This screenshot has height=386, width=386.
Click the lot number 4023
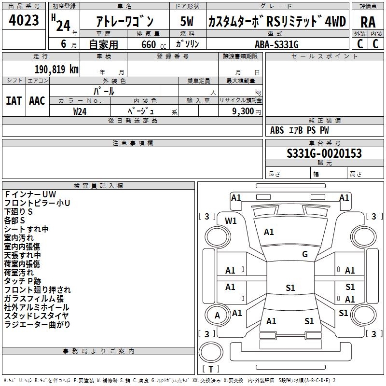24,20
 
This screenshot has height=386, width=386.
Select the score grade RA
368,22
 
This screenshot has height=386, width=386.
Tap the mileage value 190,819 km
56,69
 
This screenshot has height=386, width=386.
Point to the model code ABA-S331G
276,44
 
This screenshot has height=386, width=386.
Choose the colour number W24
80,111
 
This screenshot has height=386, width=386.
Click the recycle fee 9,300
242,111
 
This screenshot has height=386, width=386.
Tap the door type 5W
187,22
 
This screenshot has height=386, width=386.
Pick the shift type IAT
14,100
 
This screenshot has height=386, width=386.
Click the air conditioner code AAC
37,100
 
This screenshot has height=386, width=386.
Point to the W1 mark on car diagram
231,221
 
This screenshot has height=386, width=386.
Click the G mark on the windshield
304,254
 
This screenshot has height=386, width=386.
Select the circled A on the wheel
217,316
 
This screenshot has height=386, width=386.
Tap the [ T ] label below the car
211,370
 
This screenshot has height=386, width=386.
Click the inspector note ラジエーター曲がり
37,325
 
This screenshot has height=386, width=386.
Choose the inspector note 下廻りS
18,212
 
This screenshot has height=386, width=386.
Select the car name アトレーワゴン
124,22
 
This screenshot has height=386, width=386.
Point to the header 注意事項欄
133,143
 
